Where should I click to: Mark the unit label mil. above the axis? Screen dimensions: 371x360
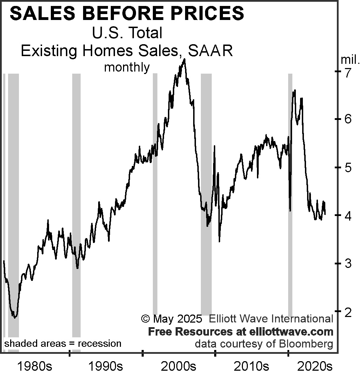pyautogui.click(x=350, y=60)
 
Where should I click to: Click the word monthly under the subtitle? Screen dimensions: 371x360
pyautogui.click(x=127, y=67)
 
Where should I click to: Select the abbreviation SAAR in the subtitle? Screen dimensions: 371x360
pyautogui.click(x=210, y=51)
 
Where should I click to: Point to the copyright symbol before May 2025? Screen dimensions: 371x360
pyautogui.click(x=145, y=319)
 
